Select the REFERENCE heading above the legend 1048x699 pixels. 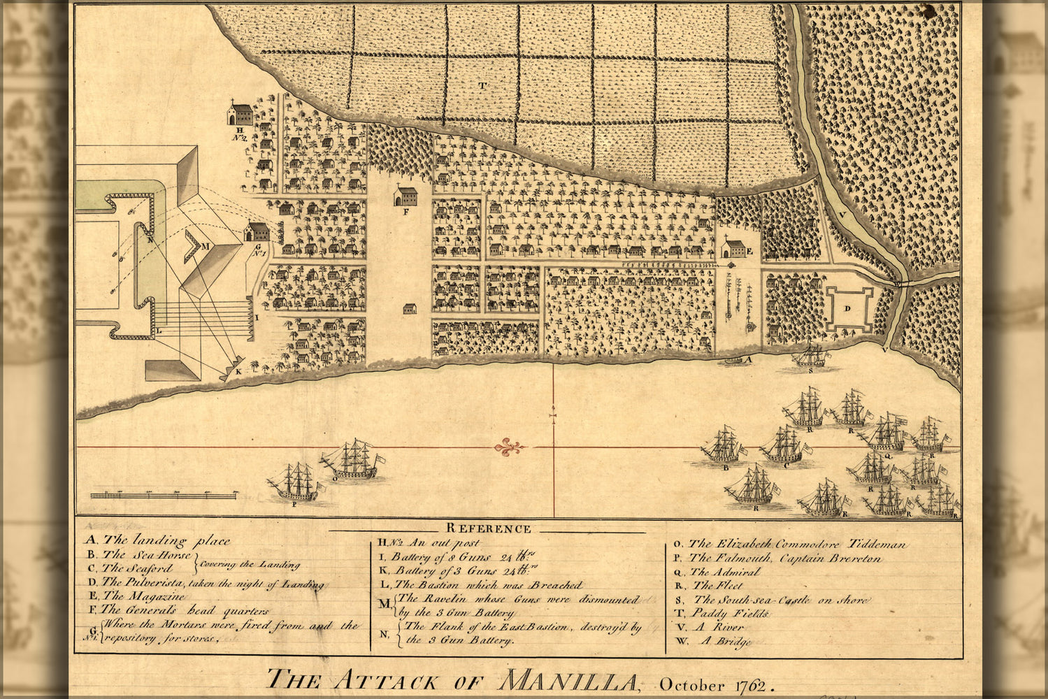pos(489,528)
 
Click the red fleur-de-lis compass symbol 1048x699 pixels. pos(508,447)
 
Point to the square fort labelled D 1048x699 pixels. pos(848,309)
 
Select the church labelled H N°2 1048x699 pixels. pos(241,114)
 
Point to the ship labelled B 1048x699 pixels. pos(723,447)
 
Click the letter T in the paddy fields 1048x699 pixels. pos(482,85)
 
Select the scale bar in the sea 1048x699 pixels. pos(165,495)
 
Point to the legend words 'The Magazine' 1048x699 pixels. pos(144,596)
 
